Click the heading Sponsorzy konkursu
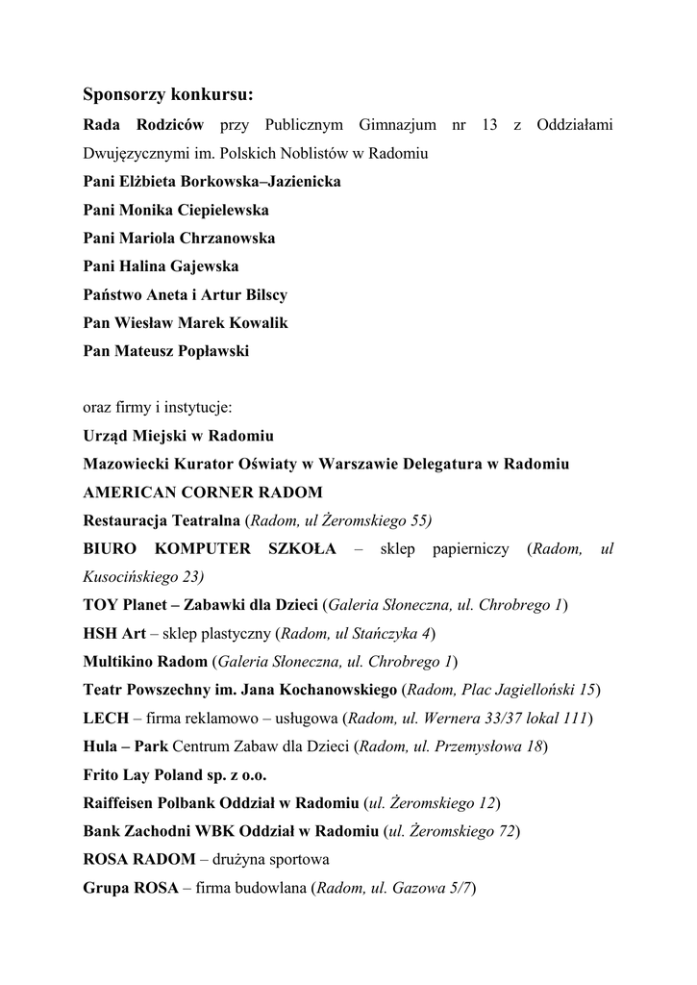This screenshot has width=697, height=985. (x=168, y=95)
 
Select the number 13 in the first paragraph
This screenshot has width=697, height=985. (x=490, y=125)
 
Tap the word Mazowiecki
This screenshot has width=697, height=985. (x=122, y=465)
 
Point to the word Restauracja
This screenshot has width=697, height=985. (x=126, y=521)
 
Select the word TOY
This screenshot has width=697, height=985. (x=99, y=606)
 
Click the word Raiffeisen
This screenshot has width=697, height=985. (x=118, y=803)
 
